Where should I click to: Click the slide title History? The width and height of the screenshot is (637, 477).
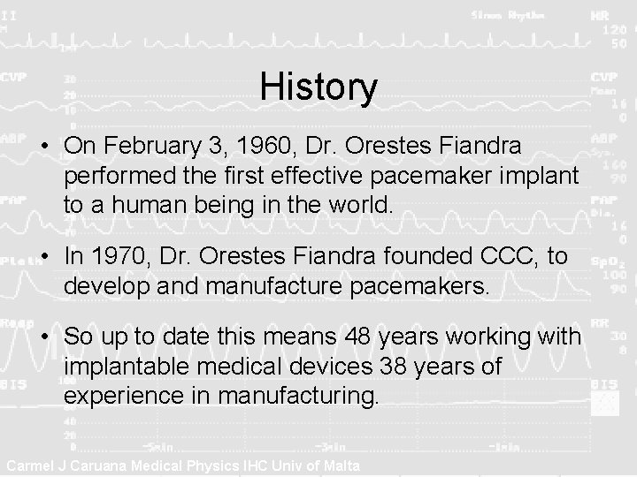pos(318,87)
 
